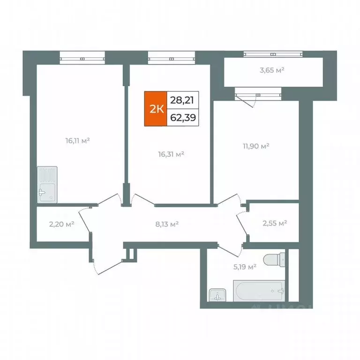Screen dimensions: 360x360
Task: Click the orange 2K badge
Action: click(x=156, y=109)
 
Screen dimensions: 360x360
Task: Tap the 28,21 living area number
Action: click(x=183, y=100)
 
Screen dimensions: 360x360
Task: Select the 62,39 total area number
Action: click(x=183, y=118)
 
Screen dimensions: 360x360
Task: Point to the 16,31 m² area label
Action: click(x=170, y=153)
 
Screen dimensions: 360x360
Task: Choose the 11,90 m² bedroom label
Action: click(x=256, y=147)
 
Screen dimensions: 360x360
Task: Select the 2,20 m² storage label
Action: click(x=63, y=224)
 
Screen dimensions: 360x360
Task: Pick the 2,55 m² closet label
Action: click(x=274, y=223)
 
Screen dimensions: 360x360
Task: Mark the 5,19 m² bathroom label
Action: click(x=245, y=267)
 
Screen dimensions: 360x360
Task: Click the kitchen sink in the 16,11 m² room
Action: click(x=47, y=184)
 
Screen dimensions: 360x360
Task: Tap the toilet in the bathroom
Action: click(x=274, y=259)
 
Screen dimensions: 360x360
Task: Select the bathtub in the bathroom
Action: click(x=259, y=291)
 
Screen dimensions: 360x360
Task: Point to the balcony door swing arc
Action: click(x=249, y=100)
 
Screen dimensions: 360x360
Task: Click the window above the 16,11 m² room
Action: click(x=82, y=59)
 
